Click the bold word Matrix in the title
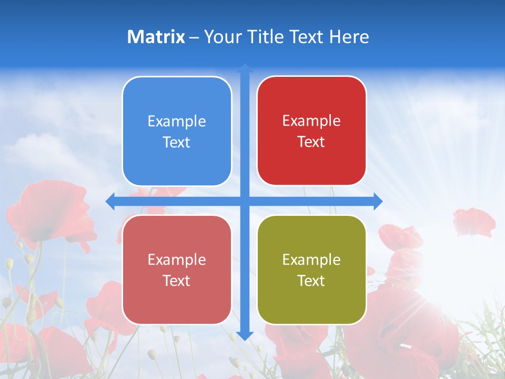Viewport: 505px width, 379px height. coord(156,37)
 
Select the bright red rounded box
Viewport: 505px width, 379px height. coord(311,131)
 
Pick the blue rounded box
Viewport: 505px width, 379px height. coord(177,131)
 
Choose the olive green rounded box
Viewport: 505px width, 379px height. coord(311,270)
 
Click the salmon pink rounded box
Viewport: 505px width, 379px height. coord(177,270)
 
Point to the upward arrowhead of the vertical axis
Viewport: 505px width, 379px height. coord(245,68)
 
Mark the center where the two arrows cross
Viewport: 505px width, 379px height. coord(245,202)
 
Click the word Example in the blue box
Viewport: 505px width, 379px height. coord(177,122)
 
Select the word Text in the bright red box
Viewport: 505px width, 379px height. coord(311,142)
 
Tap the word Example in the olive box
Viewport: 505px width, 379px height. coord(311,260)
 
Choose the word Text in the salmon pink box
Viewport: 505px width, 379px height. coord(177,281)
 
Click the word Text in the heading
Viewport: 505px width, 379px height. coord(305,37)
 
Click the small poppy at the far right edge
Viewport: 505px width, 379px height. coord(473,221)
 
